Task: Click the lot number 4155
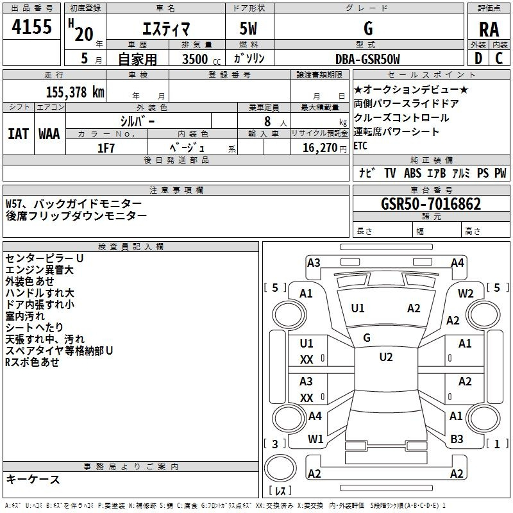click(x=31, y=26)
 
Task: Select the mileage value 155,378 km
click(x=75, y=92)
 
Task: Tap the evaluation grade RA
click(x=489, y=29)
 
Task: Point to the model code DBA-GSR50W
click(x=367, y=59)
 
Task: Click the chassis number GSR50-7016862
click(x=431, y=204)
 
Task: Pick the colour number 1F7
click(x=106, y=148)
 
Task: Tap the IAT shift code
click(x=19, y=134)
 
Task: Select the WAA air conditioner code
click(x=49, y=134)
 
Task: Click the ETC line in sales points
click(x=360, y=146)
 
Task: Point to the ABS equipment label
click(x=412, y=172)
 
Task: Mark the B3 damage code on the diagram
click(x=457, y=439)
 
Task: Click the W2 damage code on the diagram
click(x=466, y=294)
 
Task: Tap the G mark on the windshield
click(x=367, y=338)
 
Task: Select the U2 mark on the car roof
click(x=386, y=357)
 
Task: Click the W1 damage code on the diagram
click(x=315, y=439)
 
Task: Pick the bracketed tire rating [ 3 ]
click(x=275, y=444)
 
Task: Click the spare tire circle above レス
click(x=280, y=468)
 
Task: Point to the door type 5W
click(x=249, y=28)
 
